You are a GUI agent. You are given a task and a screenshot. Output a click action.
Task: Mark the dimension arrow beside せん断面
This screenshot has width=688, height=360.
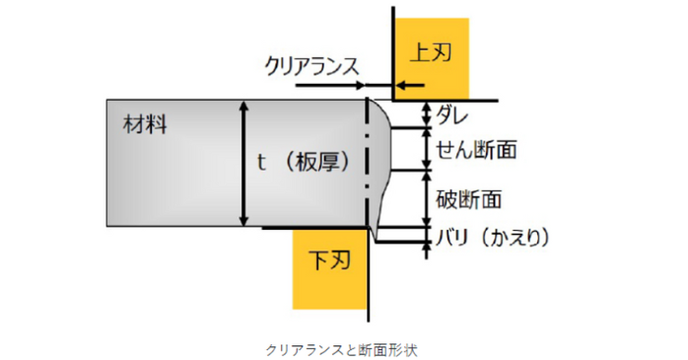pyautogui.click(x=427, y=150)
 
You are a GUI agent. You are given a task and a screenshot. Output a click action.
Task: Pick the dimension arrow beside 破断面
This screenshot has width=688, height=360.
pyautogui.click(x=427, y=198)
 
